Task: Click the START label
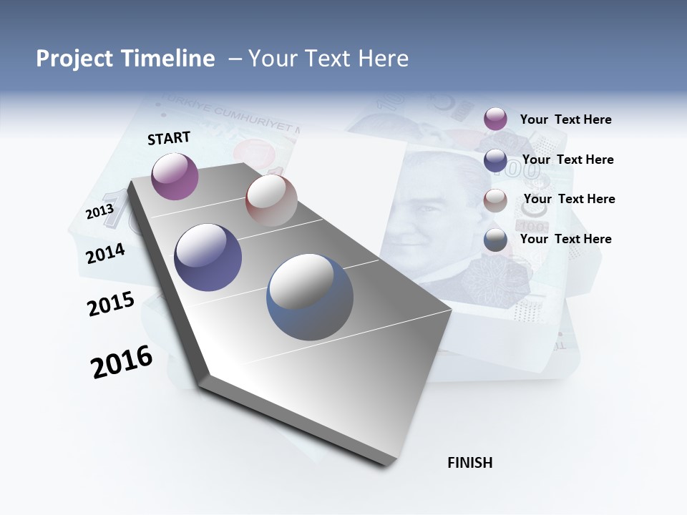pos(169,138)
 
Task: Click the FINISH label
pos(469,463)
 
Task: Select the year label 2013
pos(99,212)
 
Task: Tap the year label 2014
pos(105,253)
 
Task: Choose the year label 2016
pos(122,362)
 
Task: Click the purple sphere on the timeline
pos(175,176)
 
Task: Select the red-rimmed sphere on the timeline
pos(271,200)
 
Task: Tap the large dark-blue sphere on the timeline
pos(208,257)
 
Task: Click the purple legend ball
pos(495,119)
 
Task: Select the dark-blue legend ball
pos(495,160)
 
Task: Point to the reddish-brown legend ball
pos(495,200)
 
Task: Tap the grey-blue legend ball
pos(495,240)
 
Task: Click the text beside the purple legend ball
pos(565,119)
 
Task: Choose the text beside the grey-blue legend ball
pos(565,239)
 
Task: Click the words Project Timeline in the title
pos(125,59)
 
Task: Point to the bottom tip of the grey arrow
pos(386,464)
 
